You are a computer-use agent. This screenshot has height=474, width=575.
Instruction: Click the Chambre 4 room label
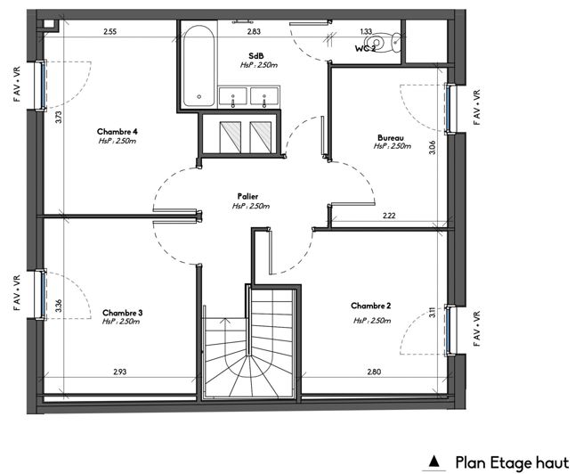pos(117,131)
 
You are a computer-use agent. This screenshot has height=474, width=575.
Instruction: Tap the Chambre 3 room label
pos(122,313)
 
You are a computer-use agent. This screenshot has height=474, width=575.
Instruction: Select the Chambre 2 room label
pos(371,304)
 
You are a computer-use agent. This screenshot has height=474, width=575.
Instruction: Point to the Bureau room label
pos(391,138)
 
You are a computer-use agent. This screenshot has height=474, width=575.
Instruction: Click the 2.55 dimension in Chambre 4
pos(109,32)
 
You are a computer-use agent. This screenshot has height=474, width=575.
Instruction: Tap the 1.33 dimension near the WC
pos(365,32)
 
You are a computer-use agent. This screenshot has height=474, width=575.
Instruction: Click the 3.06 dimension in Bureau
pos(432,148)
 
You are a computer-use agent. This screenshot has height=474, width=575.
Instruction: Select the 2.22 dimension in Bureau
pos(389,216)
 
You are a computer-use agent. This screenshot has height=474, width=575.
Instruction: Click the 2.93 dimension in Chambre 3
pos(120,372)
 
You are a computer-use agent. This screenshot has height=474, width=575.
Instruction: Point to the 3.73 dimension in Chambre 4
pos(58,115)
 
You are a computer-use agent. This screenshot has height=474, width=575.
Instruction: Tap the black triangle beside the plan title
pos(434,462)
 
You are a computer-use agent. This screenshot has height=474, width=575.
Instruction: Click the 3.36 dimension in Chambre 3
pos(58,305)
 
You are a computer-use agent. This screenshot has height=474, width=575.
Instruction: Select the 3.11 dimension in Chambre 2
pos(432,312)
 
